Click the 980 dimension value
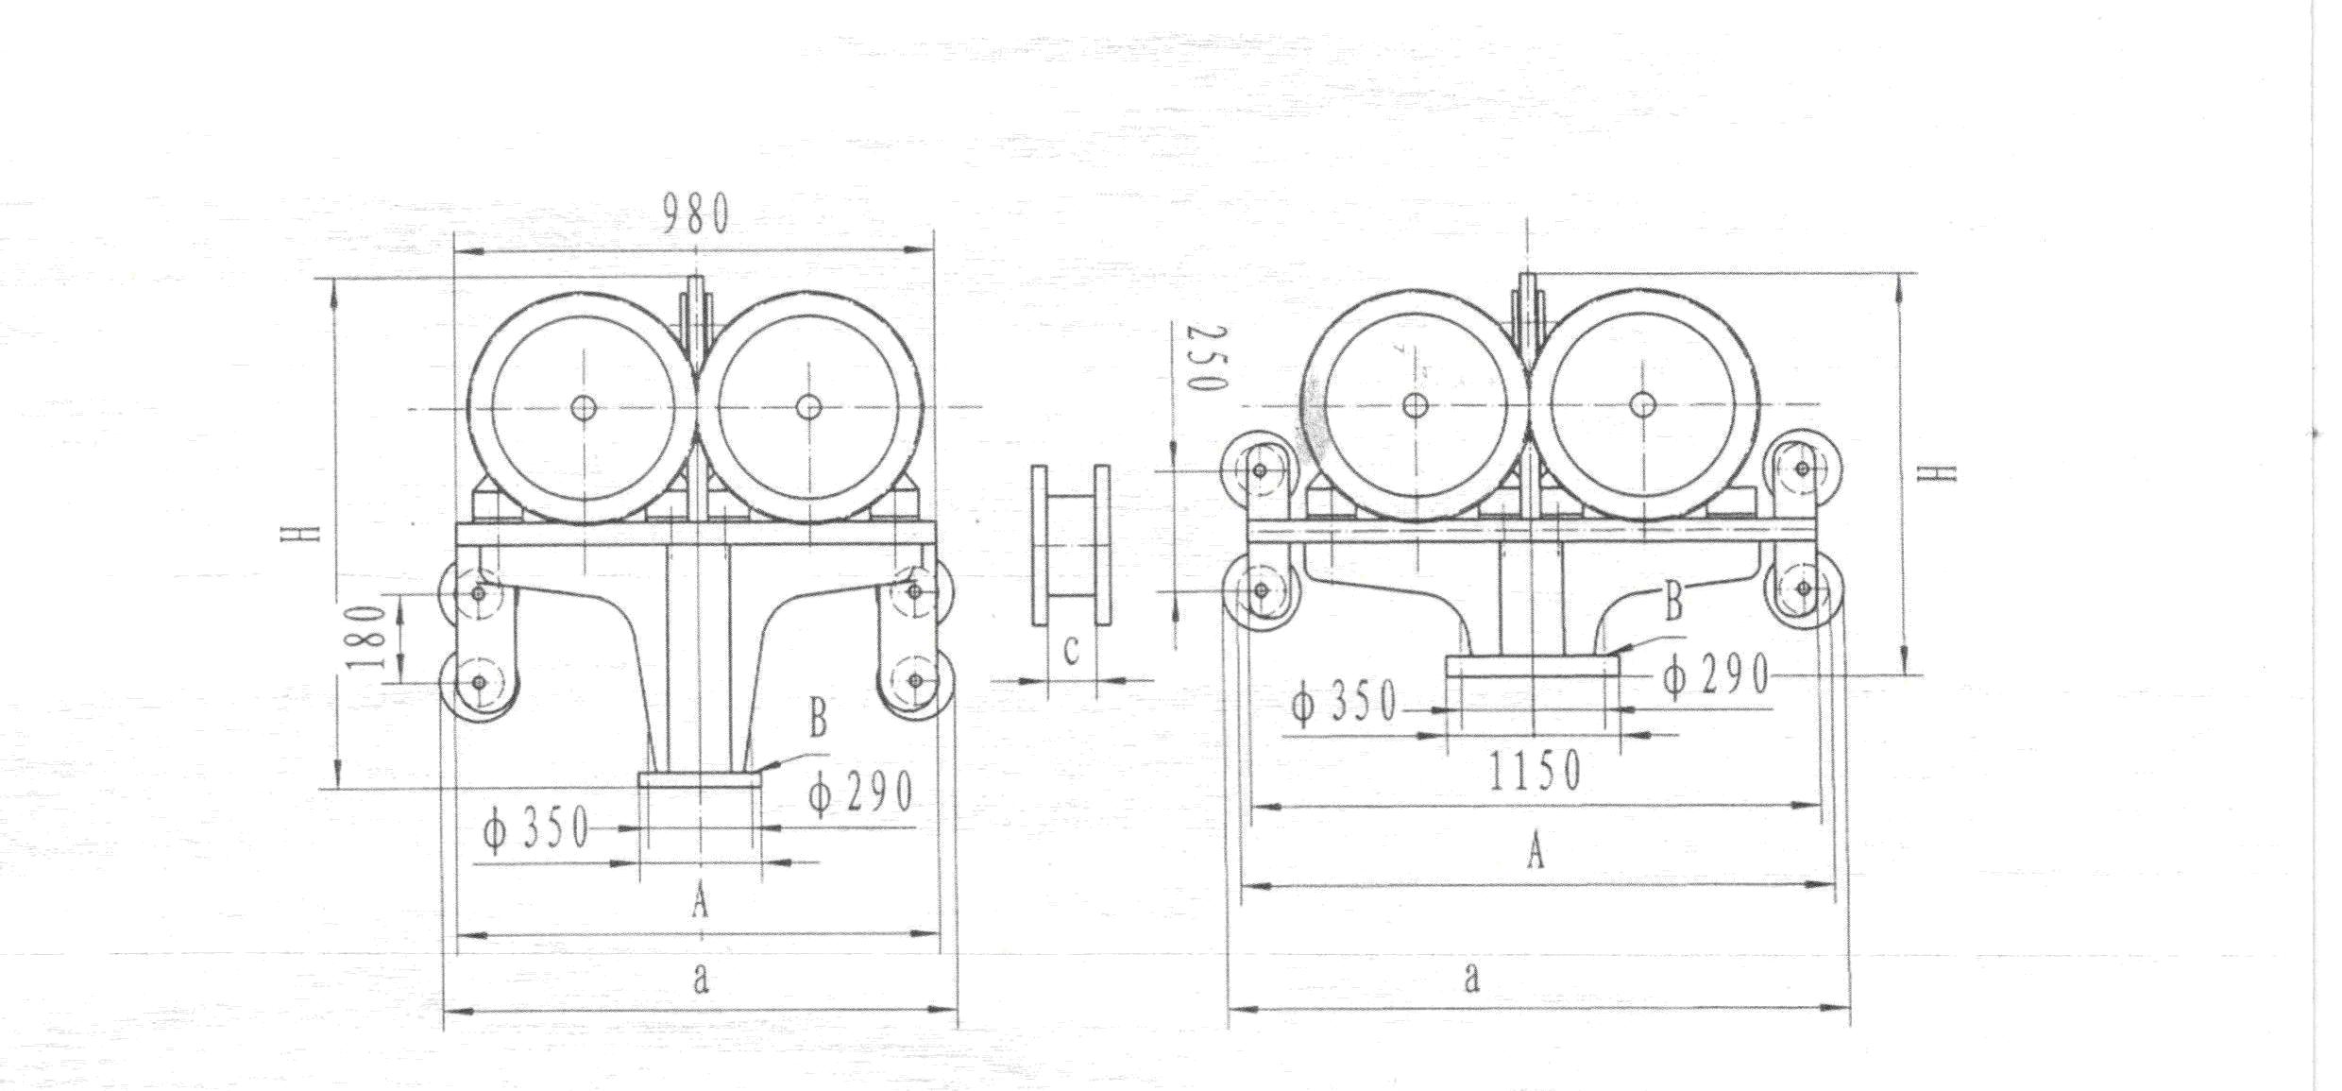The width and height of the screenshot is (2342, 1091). coord(696,213)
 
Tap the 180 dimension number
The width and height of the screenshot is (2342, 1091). coord(368,637)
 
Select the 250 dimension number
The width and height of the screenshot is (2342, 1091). coord(1206,358)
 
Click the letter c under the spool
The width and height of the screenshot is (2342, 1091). coord(1071,650)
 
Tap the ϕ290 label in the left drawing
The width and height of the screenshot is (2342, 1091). coord(860,793)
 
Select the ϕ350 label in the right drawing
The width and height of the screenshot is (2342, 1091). coord(1344,702)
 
